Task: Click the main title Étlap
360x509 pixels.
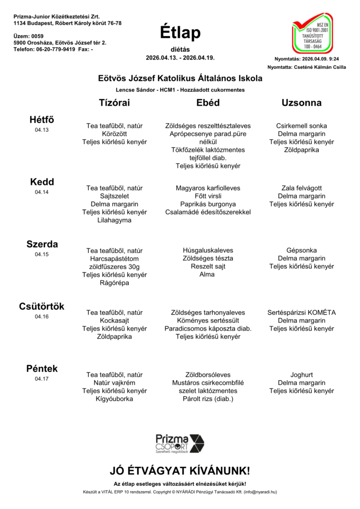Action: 180,33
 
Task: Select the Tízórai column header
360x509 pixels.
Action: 114,103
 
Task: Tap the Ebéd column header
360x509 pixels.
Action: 208,103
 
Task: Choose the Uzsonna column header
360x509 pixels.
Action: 301,103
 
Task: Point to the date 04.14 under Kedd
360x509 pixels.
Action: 42,192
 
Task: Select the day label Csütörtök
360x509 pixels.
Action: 42,306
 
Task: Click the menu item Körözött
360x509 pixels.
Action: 114,134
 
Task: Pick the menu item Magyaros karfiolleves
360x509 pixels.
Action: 208,188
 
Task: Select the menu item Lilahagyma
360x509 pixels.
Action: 114,220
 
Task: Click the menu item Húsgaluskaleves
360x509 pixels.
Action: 208,251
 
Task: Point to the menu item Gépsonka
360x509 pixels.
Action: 301,251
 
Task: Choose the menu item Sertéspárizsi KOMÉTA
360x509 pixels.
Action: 301,313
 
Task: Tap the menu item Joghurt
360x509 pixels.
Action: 301,375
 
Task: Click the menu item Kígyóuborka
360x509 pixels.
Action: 114,399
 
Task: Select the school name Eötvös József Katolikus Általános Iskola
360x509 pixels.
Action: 180,79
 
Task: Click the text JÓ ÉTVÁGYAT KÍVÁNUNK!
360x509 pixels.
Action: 180,471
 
